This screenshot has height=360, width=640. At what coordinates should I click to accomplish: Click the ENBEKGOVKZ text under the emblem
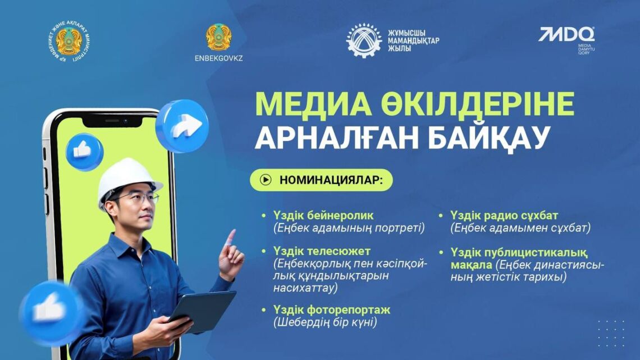click(218, 58)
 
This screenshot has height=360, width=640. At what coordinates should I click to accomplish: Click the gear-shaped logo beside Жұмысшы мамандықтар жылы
click(363, 40)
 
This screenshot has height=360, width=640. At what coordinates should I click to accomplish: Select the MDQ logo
click(566, 35)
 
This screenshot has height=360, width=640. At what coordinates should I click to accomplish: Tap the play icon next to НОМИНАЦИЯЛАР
click(266, 180)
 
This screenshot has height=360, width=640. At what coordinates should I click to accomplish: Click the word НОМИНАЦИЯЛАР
click(331, 180)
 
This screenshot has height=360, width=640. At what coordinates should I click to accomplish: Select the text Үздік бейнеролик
click(323, 216)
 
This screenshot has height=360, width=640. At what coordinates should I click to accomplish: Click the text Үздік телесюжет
click(322, 250)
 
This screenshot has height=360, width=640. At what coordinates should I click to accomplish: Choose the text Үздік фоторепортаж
click(331, 309)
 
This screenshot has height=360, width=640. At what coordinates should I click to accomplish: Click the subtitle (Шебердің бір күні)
click(325, 322)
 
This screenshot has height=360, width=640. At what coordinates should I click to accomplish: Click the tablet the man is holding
click(202, 310)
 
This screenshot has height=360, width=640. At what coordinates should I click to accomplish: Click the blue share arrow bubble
click(182, 126)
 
